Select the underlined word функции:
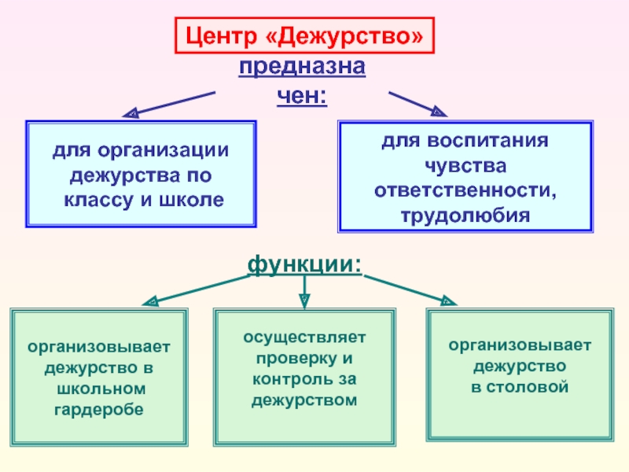point(305,264)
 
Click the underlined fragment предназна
point(302,68)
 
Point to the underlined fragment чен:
point(302,97)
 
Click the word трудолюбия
point(465,214)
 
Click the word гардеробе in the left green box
point(99,410)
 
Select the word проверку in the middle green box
point(296,359)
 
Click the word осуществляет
point(303,337)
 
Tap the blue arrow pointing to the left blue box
point(169,104)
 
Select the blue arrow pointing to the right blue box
point(417,102)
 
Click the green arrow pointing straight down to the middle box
point(304,291)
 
